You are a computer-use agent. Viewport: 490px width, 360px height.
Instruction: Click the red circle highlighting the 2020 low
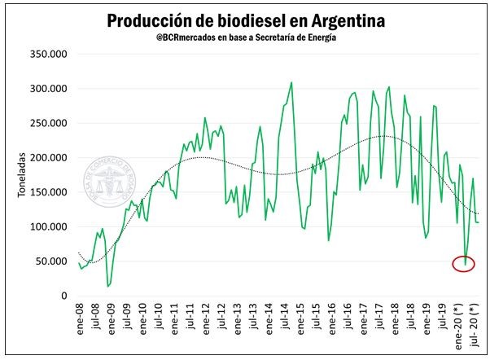click(x=464, y=263)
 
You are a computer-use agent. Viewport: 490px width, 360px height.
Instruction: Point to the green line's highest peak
click(x=291, y=82)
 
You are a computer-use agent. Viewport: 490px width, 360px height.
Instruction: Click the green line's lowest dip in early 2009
click(x=108, y=286)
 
